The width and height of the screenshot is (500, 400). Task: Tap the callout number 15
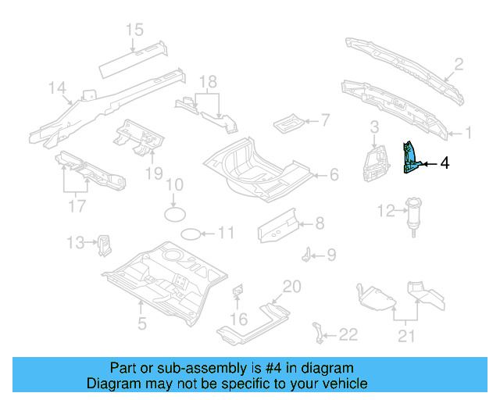134,30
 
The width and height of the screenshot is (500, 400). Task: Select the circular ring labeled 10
175,212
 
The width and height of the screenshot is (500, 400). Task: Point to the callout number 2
459,64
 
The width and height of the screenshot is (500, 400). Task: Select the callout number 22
348,334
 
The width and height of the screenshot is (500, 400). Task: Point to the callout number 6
334,174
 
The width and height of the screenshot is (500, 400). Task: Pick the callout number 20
291,287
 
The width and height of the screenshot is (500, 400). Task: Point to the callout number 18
207,82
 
